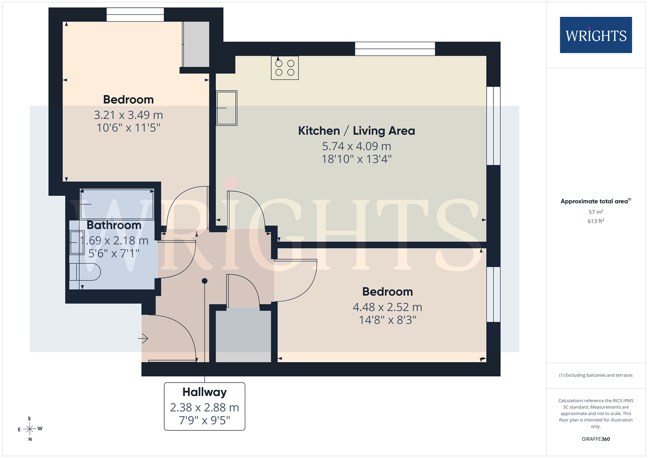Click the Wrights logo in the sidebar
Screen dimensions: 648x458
[x=596, y=35]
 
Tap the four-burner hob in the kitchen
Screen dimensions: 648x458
[x=285, y=68]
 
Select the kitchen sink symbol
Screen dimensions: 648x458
[x=227, y=108]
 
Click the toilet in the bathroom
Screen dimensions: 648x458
[x=85, y=272]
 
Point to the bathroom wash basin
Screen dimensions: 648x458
[x=77, y=243]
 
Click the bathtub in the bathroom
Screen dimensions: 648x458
[x=117, y=204]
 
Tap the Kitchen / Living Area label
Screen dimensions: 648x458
[x=356, y=130]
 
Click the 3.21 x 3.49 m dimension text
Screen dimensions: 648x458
[x=128, y=115]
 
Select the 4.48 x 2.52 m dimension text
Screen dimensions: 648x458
[x=387, y=307]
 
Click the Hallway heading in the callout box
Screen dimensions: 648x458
[x=204, y=392]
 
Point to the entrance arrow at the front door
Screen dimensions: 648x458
[x=143, y=339]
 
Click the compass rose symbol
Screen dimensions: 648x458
[x=29, y=429]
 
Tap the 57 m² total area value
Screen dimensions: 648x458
[x=596, y=212]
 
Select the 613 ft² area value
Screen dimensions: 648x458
[x=596, y=221]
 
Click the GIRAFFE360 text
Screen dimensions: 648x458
[x=596, y=439]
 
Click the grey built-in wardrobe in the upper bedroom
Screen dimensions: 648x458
[x=196, y=44]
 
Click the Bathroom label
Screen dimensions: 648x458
[x=114, y=225]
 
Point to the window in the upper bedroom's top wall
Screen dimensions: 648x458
[x=135, y=14]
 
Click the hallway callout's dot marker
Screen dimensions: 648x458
[x=204, y=281]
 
